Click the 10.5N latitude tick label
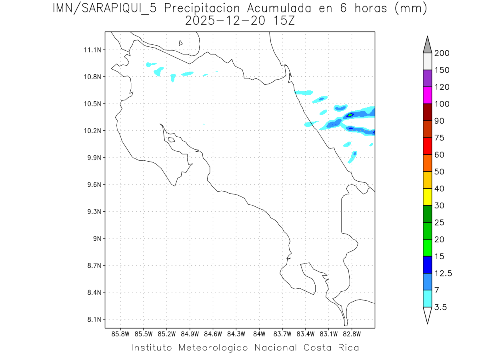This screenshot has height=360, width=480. pyautogui.click(x=92, y=104)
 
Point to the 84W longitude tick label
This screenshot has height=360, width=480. pyautogui.click(x=259, y=333)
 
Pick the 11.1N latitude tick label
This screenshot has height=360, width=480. pyautogui.click(x=92, y=50)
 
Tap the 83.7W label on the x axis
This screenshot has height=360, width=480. pyautogui.click(x=282, y=333)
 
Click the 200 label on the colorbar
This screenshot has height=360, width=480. pyautogui.click(x=442, y=54)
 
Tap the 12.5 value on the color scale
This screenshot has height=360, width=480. pyautogui.click(x=443, y=274)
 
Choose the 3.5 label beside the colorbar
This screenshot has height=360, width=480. pyautogui.click(x=441, y=307)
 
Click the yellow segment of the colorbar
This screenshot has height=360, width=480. pyautogui.click(x=427, y=197)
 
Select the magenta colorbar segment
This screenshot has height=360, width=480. pyautogui.click(x=427, y=95)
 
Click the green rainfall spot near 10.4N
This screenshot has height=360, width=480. pyautogui.click(x=350, y=115)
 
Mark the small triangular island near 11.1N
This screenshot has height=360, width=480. pyautogui.click(x=181, y=43)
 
